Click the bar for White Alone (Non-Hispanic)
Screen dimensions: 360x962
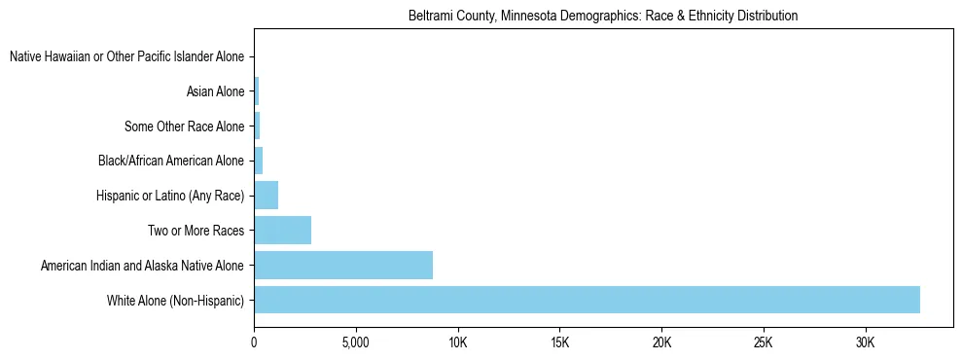point(587,300)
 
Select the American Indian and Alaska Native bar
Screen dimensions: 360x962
point(343,265)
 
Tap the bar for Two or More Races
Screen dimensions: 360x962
point(282,231)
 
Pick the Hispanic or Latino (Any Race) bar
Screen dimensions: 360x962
point(266,196)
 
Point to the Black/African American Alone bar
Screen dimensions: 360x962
point(258,161)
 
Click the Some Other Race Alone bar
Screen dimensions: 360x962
point(257,126)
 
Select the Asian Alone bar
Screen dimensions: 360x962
point(256,91)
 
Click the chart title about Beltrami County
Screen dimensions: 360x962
point(603,17)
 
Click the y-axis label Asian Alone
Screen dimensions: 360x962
point(215,91)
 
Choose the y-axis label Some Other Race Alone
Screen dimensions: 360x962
point(184,126)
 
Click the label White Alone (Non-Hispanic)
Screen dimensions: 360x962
point(175,300)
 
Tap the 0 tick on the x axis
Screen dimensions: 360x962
point(254,343)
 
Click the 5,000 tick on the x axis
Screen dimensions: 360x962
point(355,343)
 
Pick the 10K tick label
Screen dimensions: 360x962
point(457,343)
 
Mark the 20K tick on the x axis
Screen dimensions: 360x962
point(661,343)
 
